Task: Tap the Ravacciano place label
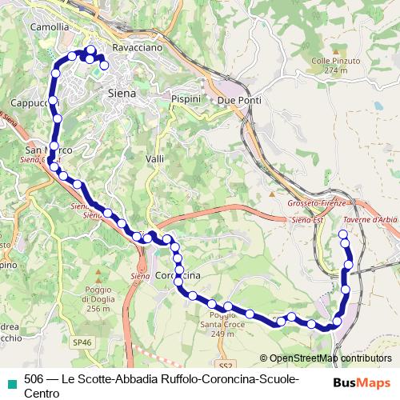tap(138, 48)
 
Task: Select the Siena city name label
tap(122, 93)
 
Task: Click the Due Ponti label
tap(235, 101)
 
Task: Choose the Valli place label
tap(155, 159)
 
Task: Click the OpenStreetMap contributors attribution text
tap(326, 358)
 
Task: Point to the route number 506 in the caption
tap(34, 378)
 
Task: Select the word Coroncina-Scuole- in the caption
tap(256, 378)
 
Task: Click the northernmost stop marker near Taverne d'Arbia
tap(344, 234)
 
